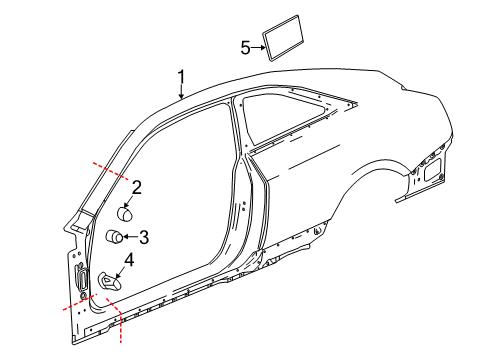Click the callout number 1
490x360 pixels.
(181, 76)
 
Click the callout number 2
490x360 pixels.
(137, 185)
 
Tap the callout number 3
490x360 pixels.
(144, 237)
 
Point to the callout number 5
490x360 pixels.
(245, 46)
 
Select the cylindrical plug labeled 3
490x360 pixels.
(116, 237)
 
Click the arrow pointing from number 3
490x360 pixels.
(132, 237)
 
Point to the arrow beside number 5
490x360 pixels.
(257, 46)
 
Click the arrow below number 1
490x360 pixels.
(181, 93)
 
